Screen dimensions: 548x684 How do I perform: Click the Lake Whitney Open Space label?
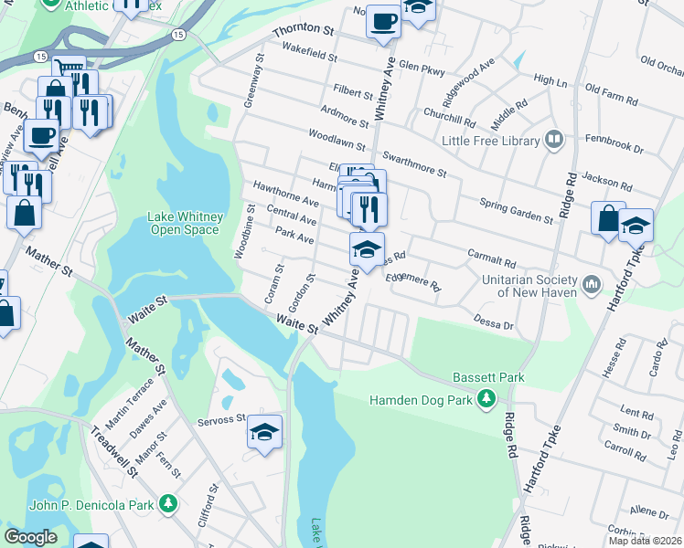pos(183,223)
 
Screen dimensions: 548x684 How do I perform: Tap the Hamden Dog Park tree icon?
pos(487,399)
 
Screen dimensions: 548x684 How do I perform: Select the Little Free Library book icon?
pos(553,140)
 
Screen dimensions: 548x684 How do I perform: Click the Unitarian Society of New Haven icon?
pos(590,285)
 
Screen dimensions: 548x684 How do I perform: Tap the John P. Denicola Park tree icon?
pos(167,502)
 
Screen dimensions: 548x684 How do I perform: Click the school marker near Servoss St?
pos(264,433)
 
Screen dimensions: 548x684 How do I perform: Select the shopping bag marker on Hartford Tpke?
pos(608,219)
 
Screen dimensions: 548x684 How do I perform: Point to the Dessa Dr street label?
pos(494,321)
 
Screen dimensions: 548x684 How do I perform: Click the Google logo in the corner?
pos(30,537)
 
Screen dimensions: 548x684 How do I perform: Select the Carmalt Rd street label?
pos(492,261)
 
